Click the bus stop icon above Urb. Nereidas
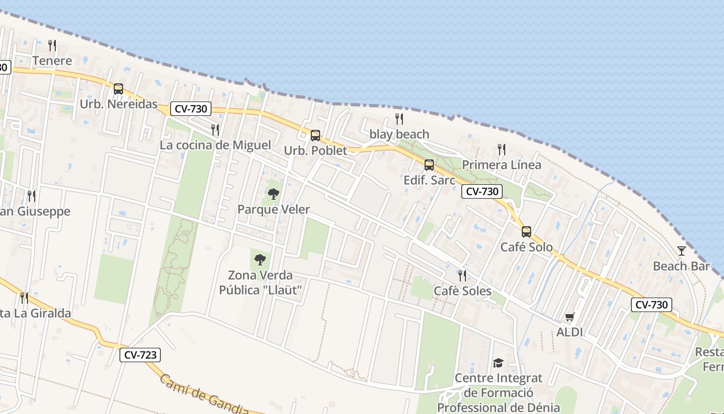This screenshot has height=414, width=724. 118,88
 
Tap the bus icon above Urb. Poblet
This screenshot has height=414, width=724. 315,136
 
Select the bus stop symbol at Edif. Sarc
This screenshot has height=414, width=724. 429,165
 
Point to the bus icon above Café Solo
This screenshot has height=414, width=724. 526,231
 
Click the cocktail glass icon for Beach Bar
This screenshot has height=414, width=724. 682,251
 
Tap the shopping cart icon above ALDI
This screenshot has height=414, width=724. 569,317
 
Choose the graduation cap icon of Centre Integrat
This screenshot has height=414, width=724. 498,363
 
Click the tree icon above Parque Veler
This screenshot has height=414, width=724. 273,194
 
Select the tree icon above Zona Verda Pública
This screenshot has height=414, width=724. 260,259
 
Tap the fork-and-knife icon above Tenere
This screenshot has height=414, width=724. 52,46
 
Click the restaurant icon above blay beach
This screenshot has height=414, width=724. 399,119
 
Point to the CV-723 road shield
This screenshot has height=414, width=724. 140,355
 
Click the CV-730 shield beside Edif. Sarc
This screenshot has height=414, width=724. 482,191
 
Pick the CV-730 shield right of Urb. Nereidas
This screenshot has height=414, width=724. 191,109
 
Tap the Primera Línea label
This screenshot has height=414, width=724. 501,165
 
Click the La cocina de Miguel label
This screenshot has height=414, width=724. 215,145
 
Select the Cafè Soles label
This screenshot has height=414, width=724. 462,291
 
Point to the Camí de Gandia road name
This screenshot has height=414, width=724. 204,395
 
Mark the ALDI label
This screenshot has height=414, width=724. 569,332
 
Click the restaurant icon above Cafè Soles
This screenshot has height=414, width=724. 462,275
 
